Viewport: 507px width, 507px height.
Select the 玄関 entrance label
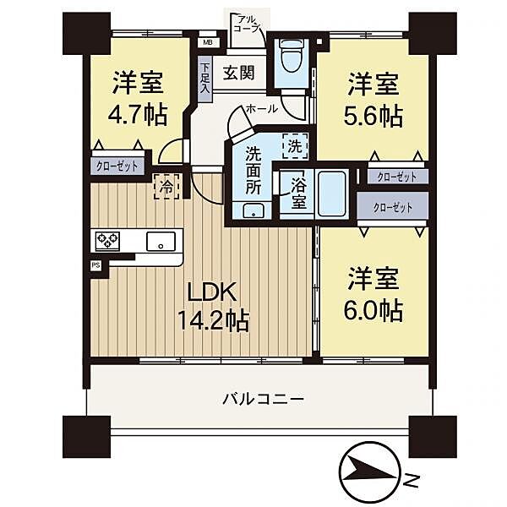[239, 74]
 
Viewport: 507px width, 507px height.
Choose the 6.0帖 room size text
[373, 310]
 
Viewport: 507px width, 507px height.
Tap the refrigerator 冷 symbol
[166, 187]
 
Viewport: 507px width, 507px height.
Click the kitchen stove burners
[107, 241]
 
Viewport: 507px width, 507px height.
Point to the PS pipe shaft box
[95, 264]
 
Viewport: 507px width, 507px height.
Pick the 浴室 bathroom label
[298, 193]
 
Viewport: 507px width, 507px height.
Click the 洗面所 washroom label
[253, 170]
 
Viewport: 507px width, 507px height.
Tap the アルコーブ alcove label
[246, 23]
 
